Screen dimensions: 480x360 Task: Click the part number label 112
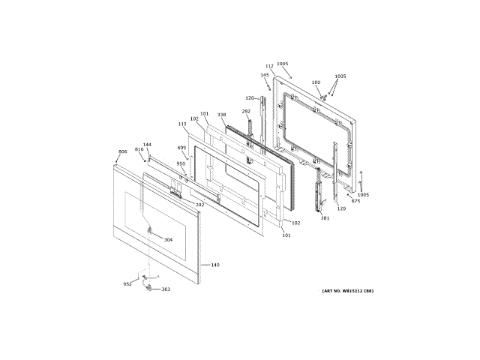coord(269,67)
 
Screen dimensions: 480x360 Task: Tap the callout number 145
coord(265,75)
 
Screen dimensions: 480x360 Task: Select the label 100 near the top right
coord(316,82)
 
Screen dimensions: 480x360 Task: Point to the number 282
coord(246,112)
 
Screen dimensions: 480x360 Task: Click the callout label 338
coord(222,115)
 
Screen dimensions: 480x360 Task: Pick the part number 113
coord(181,124)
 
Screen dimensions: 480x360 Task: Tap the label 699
coord(182,148)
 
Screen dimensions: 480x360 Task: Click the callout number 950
coord(181,163)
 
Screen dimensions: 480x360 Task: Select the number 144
coord(147,145)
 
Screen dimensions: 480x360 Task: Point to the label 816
coord(139,150)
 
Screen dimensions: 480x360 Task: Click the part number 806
coord(123,152)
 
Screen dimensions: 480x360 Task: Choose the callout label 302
coord(199,205)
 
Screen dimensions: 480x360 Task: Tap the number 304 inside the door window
coord(168,240)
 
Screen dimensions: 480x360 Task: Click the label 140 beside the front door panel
coord(215,265)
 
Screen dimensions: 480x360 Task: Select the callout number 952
coord(127,284)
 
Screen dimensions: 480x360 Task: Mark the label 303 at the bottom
coord(166,289)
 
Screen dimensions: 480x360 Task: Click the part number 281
coord(325,218)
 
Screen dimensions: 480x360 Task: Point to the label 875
coord(355,201)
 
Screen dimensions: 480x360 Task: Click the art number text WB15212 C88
coord(347,291)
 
